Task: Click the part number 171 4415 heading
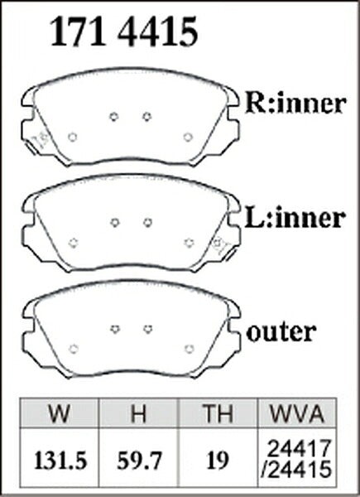tap(124, 32)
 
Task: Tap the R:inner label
tap(295, 104)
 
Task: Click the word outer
tap(281, 332)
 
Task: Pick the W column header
tap(60, 413)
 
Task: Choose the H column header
tap(139, 413)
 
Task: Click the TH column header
tap(218, 413)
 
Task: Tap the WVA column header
tap(297, 413)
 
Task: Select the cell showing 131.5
tap(60, 461)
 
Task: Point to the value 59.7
tap(139, 461)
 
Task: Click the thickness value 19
tap(218, 461)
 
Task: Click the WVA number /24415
tap(297, 469)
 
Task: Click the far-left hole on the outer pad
tap(74, 349)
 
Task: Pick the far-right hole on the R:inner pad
tap(188, 138)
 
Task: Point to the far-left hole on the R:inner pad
tap(73, 138)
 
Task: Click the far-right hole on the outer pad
tap(190, 349)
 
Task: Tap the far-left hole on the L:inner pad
tap(74, 243)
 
